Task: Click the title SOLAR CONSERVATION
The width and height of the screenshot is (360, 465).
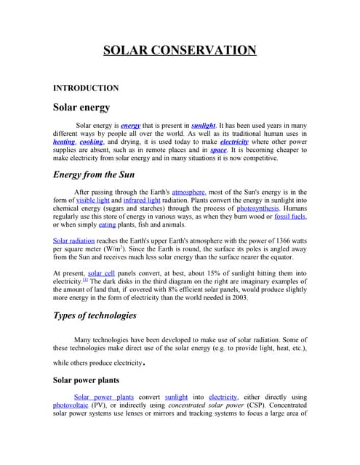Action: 180,50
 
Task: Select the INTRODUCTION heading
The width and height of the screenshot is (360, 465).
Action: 86,88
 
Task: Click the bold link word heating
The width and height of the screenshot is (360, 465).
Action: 64,142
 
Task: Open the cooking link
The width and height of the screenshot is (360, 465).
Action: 92,142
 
